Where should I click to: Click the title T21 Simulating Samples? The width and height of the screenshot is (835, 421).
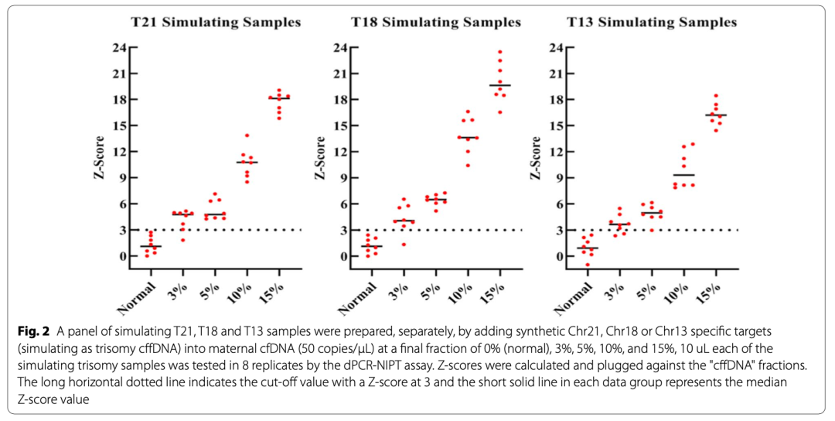tap(213, 22)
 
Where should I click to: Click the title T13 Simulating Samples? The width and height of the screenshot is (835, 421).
tap(652, 22)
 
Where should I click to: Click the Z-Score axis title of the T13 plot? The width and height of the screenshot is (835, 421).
tap(535, 152)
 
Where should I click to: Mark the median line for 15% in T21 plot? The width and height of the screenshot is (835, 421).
tap(279, 98)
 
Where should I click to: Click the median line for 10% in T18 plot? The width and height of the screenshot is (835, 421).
tap(468, 138)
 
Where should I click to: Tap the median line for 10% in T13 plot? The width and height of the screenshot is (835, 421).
tap(683, 175)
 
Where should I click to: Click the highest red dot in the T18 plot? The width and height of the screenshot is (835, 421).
tap(500, 52)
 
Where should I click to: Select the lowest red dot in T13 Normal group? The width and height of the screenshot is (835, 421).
tap(588, 265)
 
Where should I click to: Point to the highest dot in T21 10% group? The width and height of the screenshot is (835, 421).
tap(247, 135)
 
